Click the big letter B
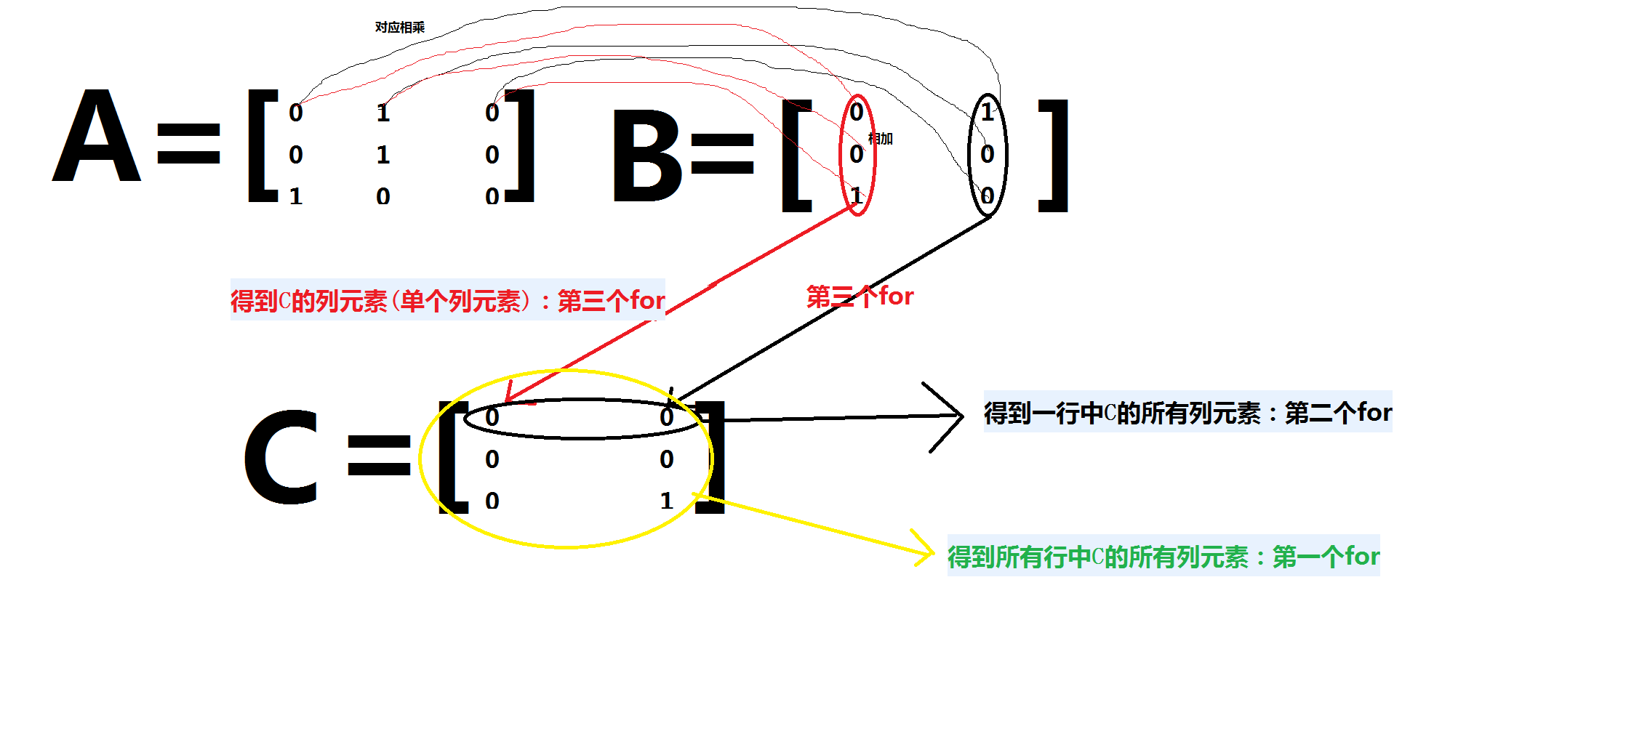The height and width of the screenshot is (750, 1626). pos(646,156)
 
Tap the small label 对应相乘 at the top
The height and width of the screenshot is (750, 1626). pos(399,28)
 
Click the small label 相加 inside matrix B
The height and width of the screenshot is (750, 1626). pos(881,139)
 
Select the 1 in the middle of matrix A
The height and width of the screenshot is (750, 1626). pos(383,155)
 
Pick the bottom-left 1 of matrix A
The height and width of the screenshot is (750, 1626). pos(296,197)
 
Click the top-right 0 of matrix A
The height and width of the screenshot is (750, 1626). pos(492,113)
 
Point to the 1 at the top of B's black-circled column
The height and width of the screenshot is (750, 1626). pos(987,113)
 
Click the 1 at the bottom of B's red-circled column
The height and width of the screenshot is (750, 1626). pos(857,195)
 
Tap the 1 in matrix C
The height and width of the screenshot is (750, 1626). pos(667,501)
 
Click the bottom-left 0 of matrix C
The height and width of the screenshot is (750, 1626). pos(492,501)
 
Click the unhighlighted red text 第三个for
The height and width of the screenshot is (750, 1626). pos(860,297)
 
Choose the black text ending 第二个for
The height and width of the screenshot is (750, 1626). pos(1188,413)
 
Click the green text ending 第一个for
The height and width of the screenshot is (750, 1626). pos(1163,557)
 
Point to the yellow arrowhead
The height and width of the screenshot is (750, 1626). pos(926,552)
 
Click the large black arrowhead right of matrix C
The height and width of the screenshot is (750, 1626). pos(953,416)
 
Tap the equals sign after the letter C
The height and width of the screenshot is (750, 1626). pos(379,455)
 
